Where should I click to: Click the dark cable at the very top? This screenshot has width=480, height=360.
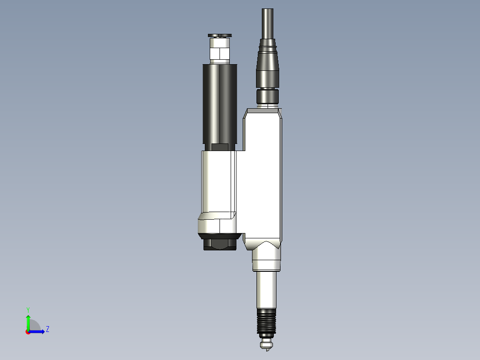[267, 22]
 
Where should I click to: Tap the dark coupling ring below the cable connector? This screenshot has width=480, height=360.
[267, 96]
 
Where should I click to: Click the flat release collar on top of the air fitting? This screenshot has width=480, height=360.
[220, 36]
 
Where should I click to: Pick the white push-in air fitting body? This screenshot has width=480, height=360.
[220, 51]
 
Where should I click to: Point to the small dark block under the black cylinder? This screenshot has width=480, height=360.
[220, 147]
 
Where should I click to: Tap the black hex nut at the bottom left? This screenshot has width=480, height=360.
[219, 244]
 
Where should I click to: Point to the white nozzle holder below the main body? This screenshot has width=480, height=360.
[266, 258]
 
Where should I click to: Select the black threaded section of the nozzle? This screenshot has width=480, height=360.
[266, 322]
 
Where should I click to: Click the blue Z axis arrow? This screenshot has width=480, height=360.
[38, 331]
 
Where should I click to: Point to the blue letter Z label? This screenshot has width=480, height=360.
[47, 329]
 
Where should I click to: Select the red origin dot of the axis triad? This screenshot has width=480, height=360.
[28, 332]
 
